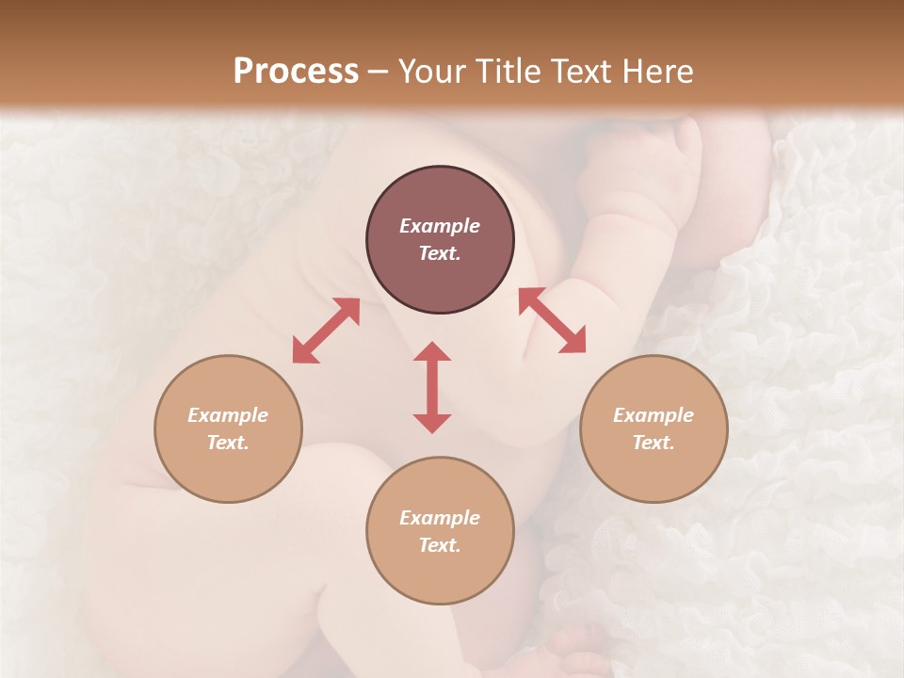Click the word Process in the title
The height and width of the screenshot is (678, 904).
click(296, 72)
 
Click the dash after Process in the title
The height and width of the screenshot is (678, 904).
click(378, 73)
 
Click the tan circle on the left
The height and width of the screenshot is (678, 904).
click(228, 428)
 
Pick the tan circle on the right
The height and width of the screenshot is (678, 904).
click(654, 428)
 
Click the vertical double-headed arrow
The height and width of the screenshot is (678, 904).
click(432, 387)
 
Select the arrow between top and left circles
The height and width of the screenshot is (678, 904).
click(326, 331)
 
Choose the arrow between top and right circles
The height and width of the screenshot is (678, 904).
click(553, 320)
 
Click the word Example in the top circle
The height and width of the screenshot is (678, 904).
click(440, 226)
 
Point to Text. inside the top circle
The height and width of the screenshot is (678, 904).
click(440, 253)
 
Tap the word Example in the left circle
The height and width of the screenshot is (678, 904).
click(228, 415)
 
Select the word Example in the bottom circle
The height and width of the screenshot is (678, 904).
click(440, 518)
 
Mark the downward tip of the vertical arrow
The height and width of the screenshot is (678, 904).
click(432, 429)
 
